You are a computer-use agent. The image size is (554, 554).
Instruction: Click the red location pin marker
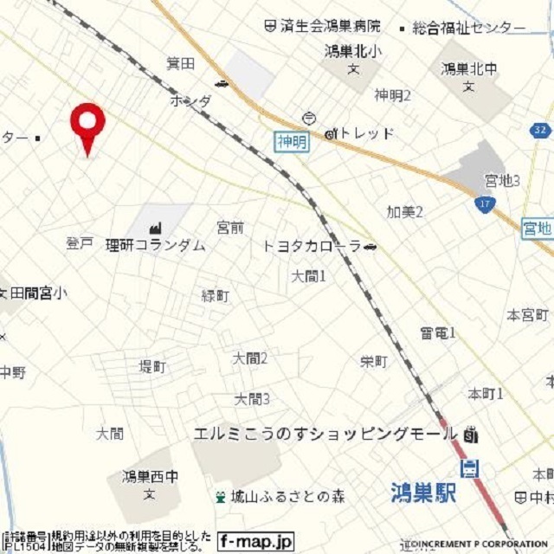click(87, 126)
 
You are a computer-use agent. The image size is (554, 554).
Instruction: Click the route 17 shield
click(485, 205)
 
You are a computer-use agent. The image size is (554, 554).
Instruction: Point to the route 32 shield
click(540, 130)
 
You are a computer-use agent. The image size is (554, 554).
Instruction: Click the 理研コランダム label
click(156, 245)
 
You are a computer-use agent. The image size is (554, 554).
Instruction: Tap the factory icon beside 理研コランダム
click(156, 227)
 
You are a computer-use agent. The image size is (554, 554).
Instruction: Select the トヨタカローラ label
click(311, 247)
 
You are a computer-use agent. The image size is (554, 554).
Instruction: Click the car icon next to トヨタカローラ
click(370, 247)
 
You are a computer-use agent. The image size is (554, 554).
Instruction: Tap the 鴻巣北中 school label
click(467, 68)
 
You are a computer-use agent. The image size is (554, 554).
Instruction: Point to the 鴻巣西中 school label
click(149, 476)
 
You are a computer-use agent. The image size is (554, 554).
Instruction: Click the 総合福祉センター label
click(468, 29)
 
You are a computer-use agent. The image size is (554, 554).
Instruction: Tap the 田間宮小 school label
click(37, 293)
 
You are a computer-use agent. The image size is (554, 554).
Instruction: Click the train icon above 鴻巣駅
click(470, 468)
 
